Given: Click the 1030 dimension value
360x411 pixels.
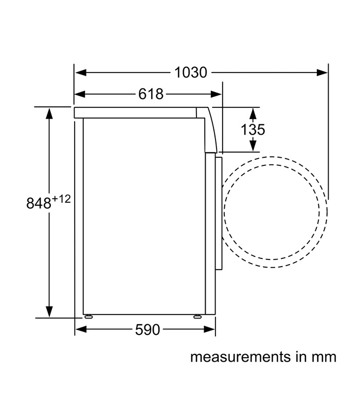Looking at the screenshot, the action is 191,72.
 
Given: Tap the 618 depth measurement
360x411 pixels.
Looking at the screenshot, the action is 151,94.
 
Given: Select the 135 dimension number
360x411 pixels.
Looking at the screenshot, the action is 253,130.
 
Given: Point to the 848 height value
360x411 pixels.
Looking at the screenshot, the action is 39,203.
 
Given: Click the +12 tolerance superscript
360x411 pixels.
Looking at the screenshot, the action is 61,199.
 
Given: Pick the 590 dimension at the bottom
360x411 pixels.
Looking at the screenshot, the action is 148,330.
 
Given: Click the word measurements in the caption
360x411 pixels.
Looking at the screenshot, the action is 241,357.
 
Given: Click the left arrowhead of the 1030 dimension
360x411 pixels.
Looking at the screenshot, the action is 81,72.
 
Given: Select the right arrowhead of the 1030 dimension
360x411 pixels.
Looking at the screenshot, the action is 322,72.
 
